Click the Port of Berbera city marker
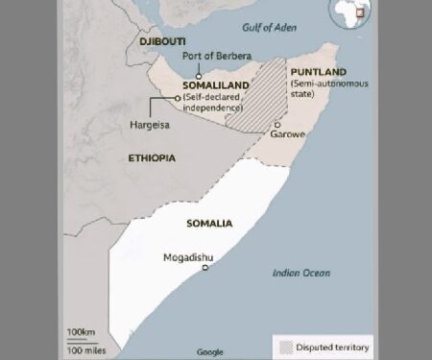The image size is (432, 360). coord(199,75)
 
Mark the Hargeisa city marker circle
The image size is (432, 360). coord(177,97)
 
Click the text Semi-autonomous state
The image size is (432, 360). coord(316,90)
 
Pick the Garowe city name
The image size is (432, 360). coord(287,135)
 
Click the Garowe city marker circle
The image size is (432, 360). coord(276,124)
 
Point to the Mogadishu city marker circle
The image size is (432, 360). coord(205,268)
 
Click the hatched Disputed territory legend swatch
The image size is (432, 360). coord(285,347)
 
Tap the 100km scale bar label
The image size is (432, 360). coord(81,331)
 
